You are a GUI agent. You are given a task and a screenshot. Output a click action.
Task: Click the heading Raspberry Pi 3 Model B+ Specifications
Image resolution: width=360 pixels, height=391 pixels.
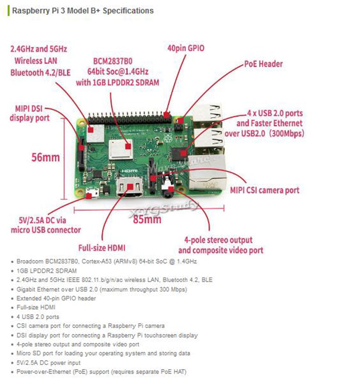[x=83, y=11]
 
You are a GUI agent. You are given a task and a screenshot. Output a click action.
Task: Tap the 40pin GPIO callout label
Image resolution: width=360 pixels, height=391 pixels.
[x=186, y=48]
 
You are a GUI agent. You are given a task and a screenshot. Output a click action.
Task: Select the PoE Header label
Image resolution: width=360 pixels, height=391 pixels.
[x=264, y=64]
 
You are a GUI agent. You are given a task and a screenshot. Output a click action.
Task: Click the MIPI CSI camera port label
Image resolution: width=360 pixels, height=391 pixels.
[x=265, y=190]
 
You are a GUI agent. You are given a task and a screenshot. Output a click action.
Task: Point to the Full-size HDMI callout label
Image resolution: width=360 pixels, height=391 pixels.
[x=102, y=248]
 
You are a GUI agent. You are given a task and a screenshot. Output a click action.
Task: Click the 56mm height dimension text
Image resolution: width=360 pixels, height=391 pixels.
[x=45, y=158]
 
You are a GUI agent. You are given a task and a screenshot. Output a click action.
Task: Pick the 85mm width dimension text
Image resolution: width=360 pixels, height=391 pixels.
[x=147, y=219]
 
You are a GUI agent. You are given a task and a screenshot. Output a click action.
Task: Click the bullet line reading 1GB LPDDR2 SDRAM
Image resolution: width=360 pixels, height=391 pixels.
[x=47, y=270]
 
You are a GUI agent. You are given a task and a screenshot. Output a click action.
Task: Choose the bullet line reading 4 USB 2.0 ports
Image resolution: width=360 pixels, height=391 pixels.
[x=38, y=317]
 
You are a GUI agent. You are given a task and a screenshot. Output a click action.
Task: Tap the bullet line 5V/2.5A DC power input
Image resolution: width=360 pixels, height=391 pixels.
[x=49, y=363]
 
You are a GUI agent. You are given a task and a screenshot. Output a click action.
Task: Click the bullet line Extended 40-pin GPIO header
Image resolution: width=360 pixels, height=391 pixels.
[x=56, y=298]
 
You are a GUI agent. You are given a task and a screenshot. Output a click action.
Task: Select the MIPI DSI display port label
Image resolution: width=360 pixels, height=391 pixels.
[x=30, y=113]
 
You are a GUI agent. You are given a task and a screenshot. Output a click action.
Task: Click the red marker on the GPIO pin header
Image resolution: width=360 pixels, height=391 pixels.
[x=166, y=115]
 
